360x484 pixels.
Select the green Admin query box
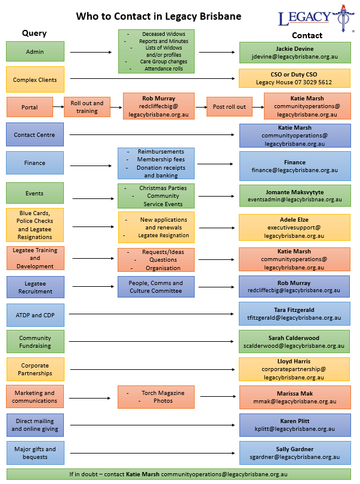point(35,52)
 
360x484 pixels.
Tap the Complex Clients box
point(35,79)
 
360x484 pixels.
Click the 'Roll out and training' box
point(87,107)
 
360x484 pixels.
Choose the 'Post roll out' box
point(229,107)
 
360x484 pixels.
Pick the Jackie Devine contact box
point(294,53)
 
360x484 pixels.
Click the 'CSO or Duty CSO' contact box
point(294,78)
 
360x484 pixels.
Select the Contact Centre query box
point(35,135)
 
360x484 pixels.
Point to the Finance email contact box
point(294,166)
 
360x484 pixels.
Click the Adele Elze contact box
point(294,228)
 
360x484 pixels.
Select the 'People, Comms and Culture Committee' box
point(156,287)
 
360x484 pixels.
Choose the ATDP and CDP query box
point(35,315)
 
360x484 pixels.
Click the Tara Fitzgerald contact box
point(294,314)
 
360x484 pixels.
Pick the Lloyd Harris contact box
point(294,369)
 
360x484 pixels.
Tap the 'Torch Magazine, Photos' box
point(156,397)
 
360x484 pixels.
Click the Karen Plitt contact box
point(294,425)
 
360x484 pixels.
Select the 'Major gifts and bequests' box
point(35,453)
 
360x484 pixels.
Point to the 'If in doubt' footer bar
point(179,474)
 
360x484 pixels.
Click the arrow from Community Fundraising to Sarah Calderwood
point(152,342)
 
